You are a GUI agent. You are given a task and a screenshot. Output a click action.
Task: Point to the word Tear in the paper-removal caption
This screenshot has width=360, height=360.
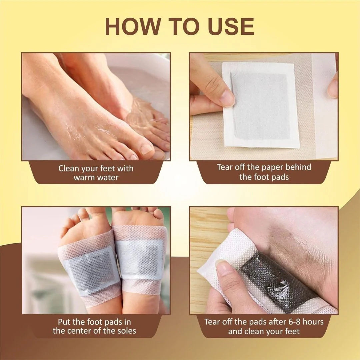click(x=225, y=167)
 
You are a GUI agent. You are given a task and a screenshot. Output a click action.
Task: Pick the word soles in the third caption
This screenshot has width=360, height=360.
click(x=125, y=331)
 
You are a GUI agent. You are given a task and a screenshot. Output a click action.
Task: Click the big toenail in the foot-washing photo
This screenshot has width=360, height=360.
click(x=146, y=149)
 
